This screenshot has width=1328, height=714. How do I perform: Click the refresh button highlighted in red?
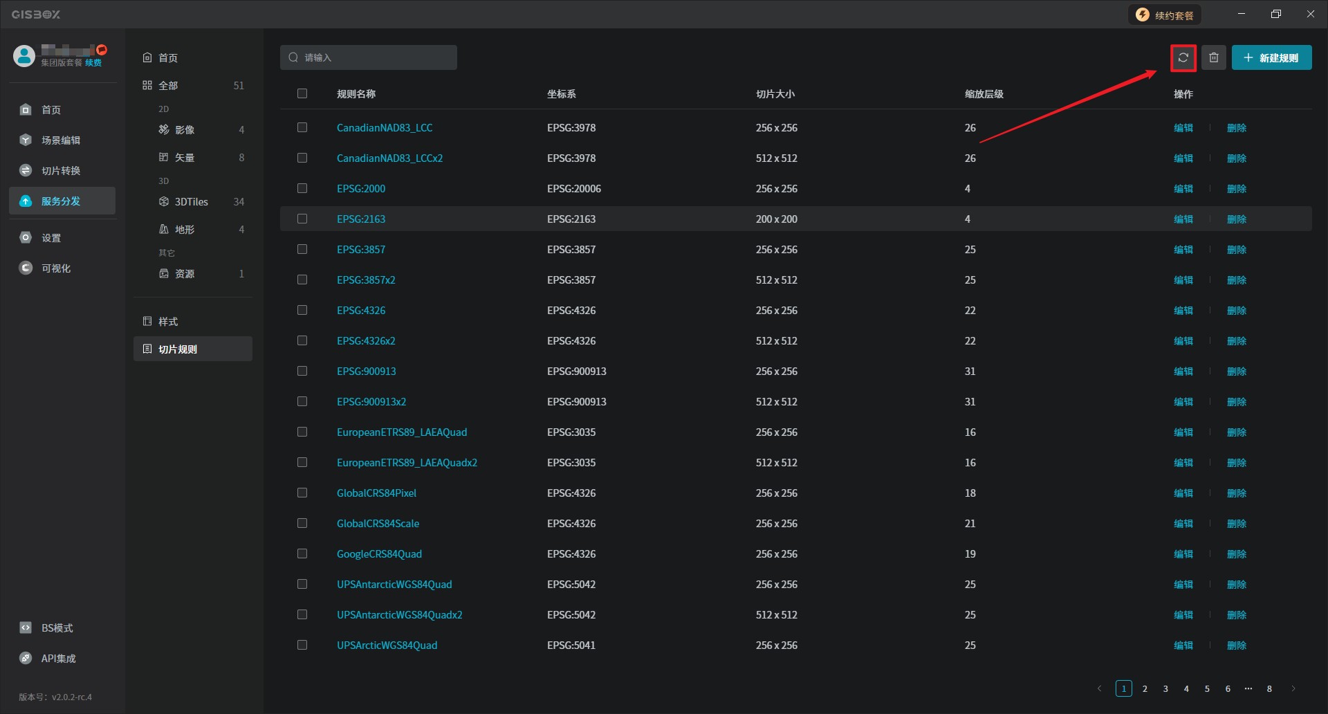(1183, 58)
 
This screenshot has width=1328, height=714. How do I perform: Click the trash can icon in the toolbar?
(1214, 58)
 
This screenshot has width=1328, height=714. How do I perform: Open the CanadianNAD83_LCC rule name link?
(385, 128)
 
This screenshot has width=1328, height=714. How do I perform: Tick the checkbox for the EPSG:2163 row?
(302, 219)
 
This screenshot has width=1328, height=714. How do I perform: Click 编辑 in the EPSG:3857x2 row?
(1183, 280)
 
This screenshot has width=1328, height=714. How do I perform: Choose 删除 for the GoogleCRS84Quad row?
(1236, 554)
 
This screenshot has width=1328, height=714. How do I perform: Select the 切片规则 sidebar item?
(178, 349)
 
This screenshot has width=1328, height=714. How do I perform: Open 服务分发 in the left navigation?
(61, 201)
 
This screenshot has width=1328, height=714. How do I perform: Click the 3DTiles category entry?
(191, 202)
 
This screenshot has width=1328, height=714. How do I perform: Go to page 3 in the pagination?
(1165, 688)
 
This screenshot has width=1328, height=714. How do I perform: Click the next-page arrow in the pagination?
(1293, 688)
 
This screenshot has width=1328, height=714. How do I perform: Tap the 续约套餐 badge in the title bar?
(1165, 15)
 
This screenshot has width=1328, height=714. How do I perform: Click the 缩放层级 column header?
(984, 94)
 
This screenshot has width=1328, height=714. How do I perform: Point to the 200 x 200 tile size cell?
(776, 219)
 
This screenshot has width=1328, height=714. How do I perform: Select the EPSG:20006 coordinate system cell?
(573, 189)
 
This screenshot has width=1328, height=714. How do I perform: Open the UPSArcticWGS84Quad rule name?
(387, 646)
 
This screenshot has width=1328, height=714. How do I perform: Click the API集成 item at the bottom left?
(58, 659)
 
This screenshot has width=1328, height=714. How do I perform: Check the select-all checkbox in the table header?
(302, 93)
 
